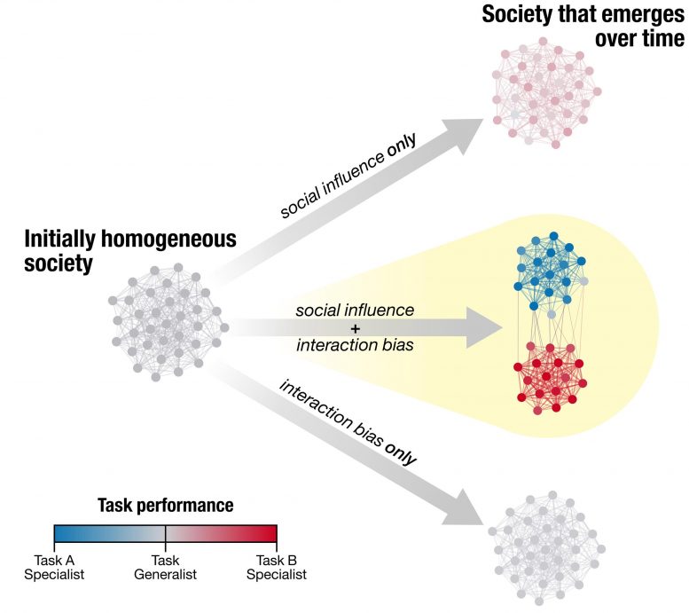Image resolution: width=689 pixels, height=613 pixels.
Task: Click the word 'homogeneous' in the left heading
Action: point(168,240)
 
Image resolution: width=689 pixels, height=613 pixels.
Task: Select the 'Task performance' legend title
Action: point(165,506)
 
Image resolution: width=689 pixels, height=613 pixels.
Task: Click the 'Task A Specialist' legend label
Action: point(54,567)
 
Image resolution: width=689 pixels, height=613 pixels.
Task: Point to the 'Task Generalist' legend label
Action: point(165,567)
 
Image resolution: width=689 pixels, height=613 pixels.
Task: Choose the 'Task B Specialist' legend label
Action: point(277,567)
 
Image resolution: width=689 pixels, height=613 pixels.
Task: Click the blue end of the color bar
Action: point(55,533)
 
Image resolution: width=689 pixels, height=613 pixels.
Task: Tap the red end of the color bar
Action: point(275,533)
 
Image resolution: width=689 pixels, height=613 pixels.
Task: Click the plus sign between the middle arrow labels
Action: point(355,328)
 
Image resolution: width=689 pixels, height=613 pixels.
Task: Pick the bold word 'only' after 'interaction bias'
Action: point(400,453)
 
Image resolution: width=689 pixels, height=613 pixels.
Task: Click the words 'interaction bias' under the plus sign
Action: point(355,345)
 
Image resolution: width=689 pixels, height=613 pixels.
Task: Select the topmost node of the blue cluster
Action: point(553,236)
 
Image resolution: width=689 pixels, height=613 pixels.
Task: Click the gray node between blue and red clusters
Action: point(552,314)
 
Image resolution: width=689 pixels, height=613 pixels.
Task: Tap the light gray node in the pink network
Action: point(514,114)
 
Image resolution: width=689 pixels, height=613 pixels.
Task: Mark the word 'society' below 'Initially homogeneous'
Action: point(58,263)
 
